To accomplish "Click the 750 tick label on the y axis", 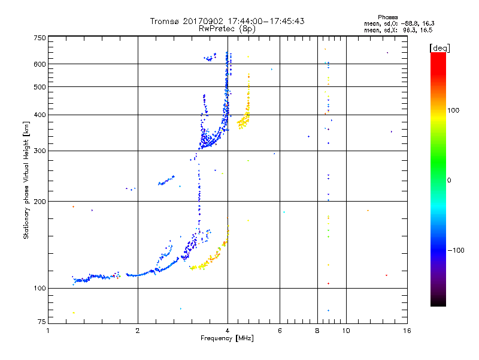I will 40,37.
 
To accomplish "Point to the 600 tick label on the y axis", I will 40,64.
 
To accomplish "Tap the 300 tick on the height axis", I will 40,150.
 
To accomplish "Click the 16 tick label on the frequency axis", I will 407,331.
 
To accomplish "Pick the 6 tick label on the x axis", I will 280,331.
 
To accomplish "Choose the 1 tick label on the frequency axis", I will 48,331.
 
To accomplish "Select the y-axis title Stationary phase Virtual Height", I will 26,180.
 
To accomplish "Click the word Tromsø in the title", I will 165,21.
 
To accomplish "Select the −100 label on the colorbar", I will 457,250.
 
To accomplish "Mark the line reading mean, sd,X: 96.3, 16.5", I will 398,29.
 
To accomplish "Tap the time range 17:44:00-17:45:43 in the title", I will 264,21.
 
